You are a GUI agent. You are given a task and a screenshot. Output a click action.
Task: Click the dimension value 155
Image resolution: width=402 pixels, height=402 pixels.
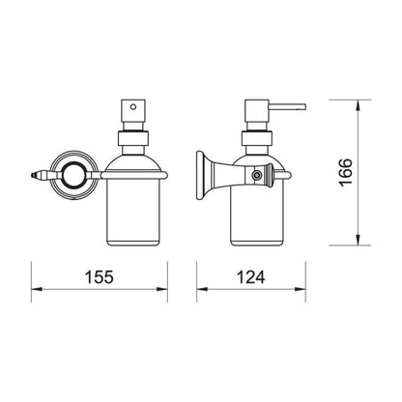coord(100,276)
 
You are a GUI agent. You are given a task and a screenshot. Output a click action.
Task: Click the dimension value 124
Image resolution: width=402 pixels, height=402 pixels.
coord(251,276)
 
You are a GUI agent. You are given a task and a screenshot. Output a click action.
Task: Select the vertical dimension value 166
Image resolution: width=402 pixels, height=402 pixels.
coord(346,172)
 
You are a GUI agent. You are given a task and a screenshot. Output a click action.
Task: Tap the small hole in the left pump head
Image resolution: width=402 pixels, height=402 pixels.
coord(132,105)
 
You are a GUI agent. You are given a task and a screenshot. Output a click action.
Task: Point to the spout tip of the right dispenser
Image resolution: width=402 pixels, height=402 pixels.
coord(304,106)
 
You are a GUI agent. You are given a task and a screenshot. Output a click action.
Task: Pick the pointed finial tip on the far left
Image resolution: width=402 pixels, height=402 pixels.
coord(32,175)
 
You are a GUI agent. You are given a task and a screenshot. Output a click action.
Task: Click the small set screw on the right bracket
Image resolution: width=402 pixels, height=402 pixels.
coord(257,175)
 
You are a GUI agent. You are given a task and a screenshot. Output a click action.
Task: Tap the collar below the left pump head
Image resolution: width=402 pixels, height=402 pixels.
coord(133,139)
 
